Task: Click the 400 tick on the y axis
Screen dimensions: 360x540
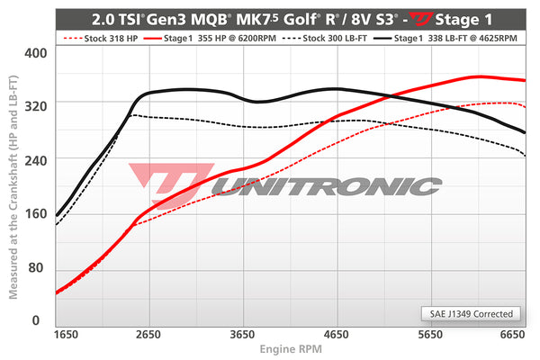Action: click(x=33, y=52)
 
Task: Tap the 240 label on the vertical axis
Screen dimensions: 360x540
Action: click(x=33, y=158)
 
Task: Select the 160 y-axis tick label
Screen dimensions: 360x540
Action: click(x=33, y=214)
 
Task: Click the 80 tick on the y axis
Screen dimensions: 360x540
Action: click(x=35, y=269)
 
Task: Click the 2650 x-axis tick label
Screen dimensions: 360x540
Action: click(x=149, y=334)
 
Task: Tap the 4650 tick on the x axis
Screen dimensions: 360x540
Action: click(x=335, y=334)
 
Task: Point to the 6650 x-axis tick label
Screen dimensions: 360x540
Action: click(x=512, y=334)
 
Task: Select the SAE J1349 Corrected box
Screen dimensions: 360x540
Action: click(x=471, y=314)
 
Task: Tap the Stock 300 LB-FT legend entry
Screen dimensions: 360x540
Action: click(x=322, y=40)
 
